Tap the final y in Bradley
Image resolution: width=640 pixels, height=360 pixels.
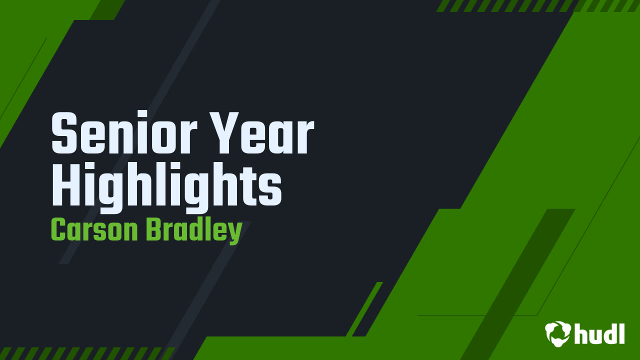235,233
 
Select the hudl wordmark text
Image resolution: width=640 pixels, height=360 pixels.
599,333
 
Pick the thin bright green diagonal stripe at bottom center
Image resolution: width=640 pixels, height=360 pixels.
364,308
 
